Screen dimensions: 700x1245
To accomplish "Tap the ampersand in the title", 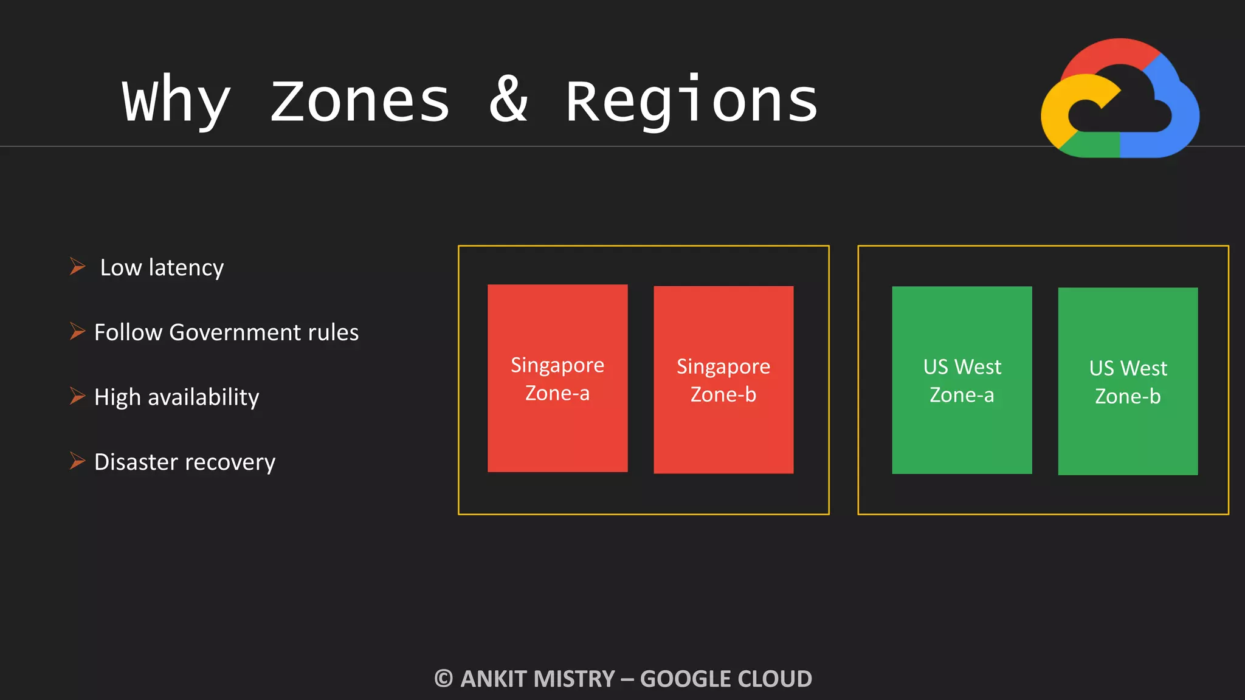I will pos(508,100).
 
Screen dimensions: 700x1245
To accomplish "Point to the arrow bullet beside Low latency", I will pos(77,266).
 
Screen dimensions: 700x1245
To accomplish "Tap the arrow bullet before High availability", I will pos(77,396).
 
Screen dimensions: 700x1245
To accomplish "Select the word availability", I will pos(203,397).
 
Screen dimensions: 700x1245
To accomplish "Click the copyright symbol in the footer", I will pos(444,679).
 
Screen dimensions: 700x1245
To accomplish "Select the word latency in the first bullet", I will pos(186,268).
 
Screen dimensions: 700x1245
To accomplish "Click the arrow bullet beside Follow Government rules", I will pos(77,331).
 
